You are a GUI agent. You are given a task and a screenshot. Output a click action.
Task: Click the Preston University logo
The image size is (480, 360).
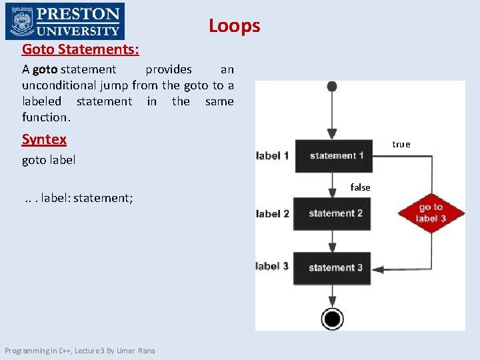pyautogui.click(x=64, y=21)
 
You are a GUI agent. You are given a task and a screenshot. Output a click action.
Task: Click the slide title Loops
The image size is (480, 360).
pyautogui.click(x=234, y=25)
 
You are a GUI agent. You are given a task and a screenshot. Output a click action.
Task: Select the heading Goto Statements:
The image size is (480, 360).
pyautogui.click(x=81, y=49)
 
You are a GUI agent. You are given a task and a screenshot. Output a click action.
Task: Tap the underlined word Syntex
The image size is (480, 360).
pyautogui.click(x=44, y=139)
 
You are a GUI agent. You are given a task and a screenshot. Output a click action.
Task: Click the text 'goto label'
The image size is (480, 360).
pyautogui.click(x=49, y=160)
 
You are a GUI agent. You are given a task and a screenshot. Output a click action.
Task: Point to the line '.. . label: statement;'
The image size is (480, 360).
pyautogui.click(x=79, y=198)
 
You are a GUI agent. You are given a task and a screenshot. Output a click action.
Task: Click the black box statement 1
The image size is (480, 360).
pyautogui.click(x=333, y=156)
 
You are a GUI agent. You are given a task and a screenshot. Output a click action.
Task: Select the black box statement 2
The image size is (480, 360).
pyautogui.click(x=333, y=213)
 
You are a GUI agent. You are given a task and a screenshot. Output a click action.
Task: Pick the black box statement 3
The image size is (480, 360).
pyautogui.click(x=333, y=267)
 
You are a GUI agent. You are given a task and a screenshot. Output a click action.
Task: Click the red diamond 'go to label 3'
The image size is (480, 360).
pyautogui.click(x=431, y=213)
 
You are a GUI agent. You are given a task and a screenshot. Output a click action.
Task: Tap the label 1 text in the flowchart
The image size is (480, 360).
pyautogui.click(x=272, y=156)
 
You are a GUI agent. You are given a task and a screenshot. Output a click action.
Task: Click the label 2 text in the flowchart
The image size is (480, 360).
pyautogui.click(x=272, y=213)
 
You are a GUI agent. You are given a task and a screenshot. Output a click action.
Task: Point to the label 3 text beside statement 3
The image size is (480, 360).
pyautogui.click(x=272, y=267)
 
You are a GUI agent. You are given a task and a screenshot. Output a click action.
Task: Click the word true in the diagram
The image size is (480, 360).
pyautogui.click(x=401, y=144)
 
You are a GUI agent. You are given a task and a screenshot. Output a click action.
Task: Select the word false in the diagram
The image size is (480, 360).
pyautogui.click(x=360, y=188)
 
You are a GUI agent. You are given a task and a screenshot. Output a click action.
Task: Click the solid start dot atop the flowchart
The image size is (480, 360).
pyautogui.click(x=332, y=87)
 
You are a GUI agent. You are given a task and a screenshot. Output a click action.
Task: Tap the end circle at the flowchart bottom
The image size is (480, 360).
pyautogui.click(x=332, y=318)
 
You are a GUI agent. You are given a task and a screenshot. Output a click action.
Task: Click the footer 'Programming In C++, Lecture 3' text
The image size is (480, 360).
pyautogui.click(x=79, y=351)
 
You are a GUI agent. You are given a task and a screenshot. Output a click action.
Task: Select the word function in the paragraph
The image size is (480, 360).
pyautogui.click(x=45, y=117)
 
